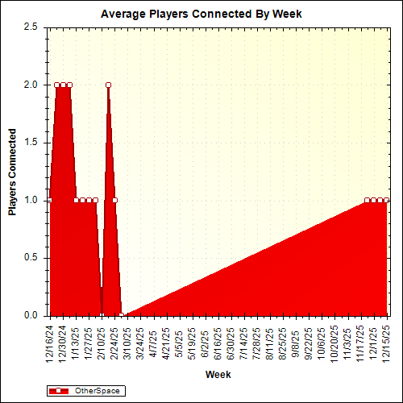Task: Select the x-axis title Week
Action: tap(218, 375)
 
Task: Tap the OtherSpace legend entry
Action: tap(97, 391)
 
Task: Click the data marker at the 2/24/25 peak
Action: tap(108, 85)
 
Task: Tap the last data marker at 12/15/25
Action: tap(386, 200)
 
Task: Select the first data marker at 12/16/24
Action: tap(49, 200)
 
